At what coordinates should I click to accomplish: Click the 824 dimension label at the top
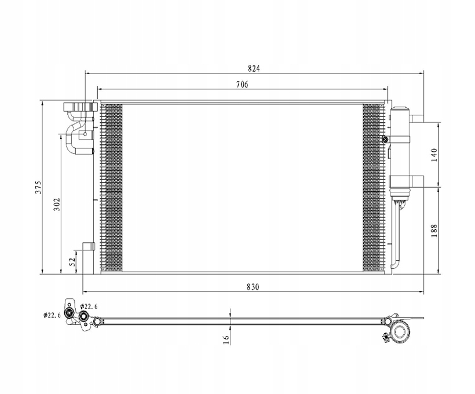click(254, 68)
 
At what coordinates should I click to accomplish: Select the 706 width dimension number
click(242, 84)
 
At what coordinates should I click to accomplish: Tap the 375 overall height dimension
click(38, 187)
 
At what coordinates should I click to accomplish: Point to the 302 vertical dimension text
click(57, 205)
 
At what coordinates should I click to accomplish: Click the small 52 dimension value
click(72, 261)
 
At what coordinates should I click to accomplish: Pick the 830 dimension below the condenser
click(253, 287)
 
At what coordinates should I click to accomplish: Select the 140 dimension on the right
click(434, 155)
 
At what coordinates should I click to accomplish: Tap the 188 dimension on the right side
click(434, 231)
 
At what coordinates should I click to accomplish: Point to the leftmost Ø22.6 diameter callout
click(52, 315)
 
